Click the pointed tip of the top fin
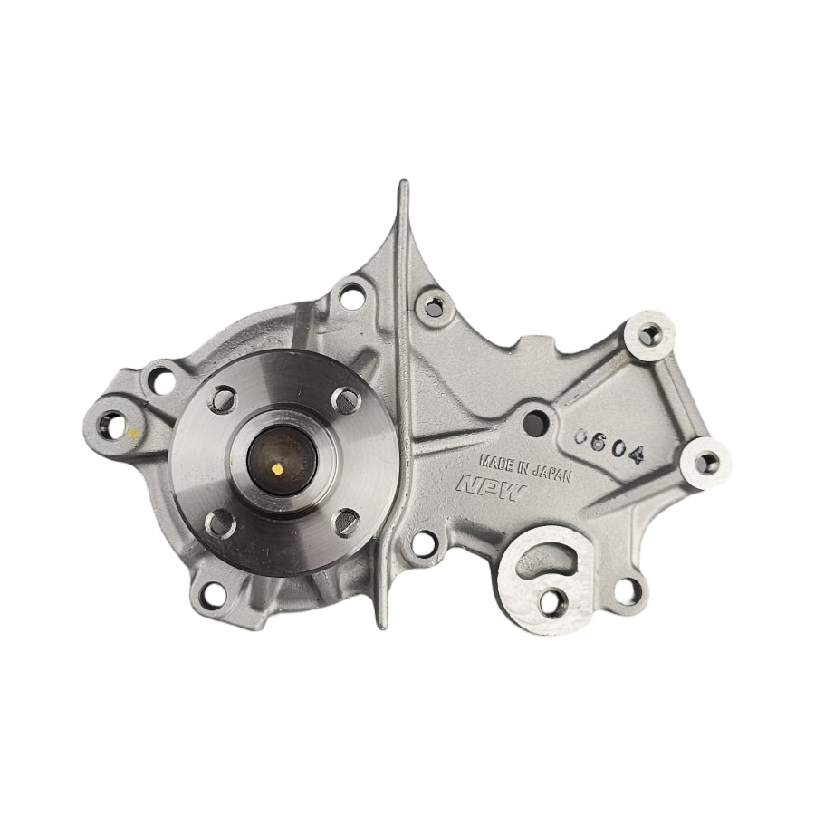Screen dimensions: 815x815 402,187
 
